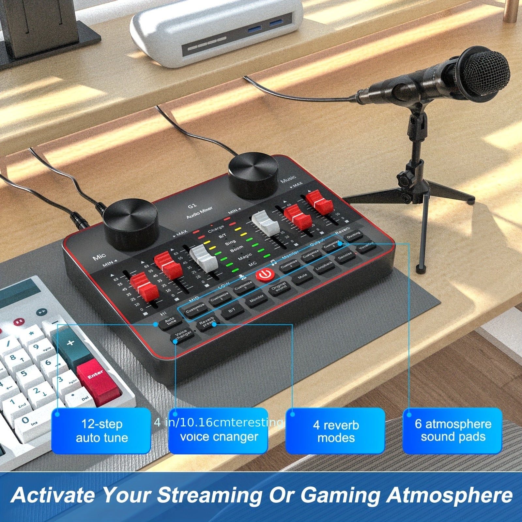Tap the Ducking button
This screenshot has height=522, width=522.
[354, 235]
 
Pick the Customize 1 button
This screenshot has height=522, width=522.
[195, 309]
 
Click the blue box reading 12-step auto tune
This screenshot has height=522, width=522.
[101, 431]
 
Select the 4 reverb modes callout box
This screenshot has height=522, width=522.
[336, 431]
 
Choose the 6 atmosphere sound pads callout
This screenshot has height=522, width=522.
[453, 431]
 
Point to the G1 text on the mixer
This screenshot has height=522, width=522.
[192, 206]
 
